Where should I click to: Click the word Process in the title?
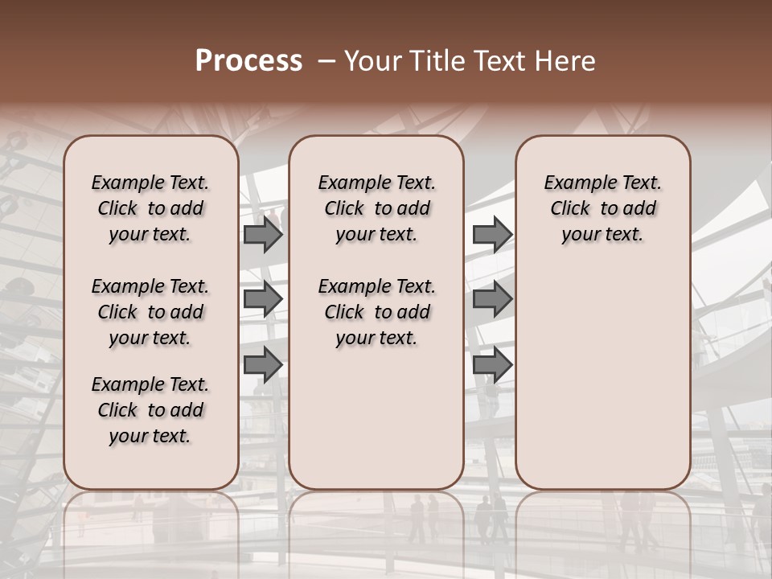point(248,61)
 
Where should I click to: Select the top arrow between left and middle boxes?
point(263,235)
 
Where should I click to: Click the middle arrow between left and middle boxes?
point(263,300)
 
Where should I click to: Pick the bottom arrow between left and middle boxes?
point(263,364)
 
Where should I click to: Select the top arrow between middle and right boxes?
point(492,235)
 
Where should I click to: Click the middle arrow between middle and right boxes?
point(492,300)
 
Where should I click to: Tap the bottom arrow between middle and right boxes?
point(492,364)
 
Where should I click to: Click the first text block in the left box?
point(150,208)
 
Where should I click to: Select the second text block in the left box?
point(150,312)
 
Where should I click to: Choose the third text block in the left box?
point(150,410)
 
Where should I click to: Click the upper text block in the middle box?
point(376,208)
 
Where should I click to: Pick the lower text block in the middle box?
point(376,312)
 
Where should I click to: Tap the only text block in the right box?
point(602,208)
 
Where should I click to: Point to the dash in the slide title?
point(326,61)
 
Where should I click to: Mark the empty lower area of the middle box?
point(376,418)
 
